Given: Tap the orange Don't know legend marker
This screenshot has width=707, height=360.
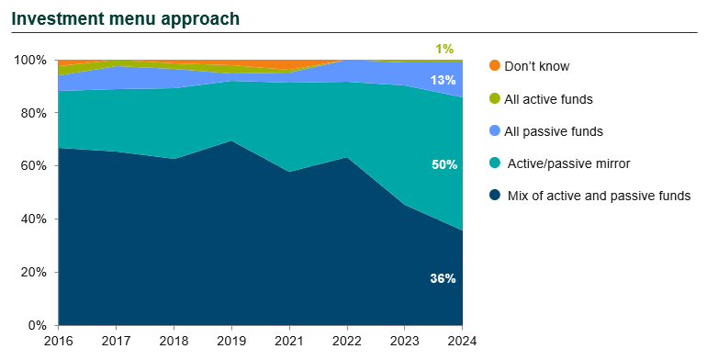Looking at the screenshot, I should tap(495, 66).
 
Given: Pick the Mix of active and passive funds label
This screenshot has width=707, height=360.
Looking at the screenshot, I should tap(598, 196).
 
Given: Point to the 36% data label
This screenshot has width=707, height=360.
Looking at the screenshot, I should tap(443, 278).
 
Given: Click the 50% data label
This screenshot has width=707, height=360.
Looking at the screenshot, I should tap(443, 165).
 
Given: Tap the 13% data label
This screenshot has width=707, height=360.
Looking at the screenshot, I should tap(443, 80).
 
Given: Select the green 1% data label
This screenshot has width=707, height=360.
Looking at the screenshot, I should tap(444, 49).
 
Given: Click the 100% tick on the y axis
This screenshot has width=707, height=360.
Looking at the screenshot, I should tap(32, 61).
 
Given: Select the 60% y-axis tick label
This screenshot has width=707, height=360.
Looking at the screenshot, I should tap(35, 166).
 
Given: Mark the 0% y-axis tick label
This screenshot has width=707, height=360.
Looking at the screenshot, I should tap(39, 325).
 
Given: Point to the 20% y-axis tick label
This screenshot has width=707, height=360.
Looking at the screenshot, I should tap(35, 273).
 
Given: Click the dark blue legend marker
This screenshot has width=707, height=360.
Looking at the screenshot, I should tap(495, 196).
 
